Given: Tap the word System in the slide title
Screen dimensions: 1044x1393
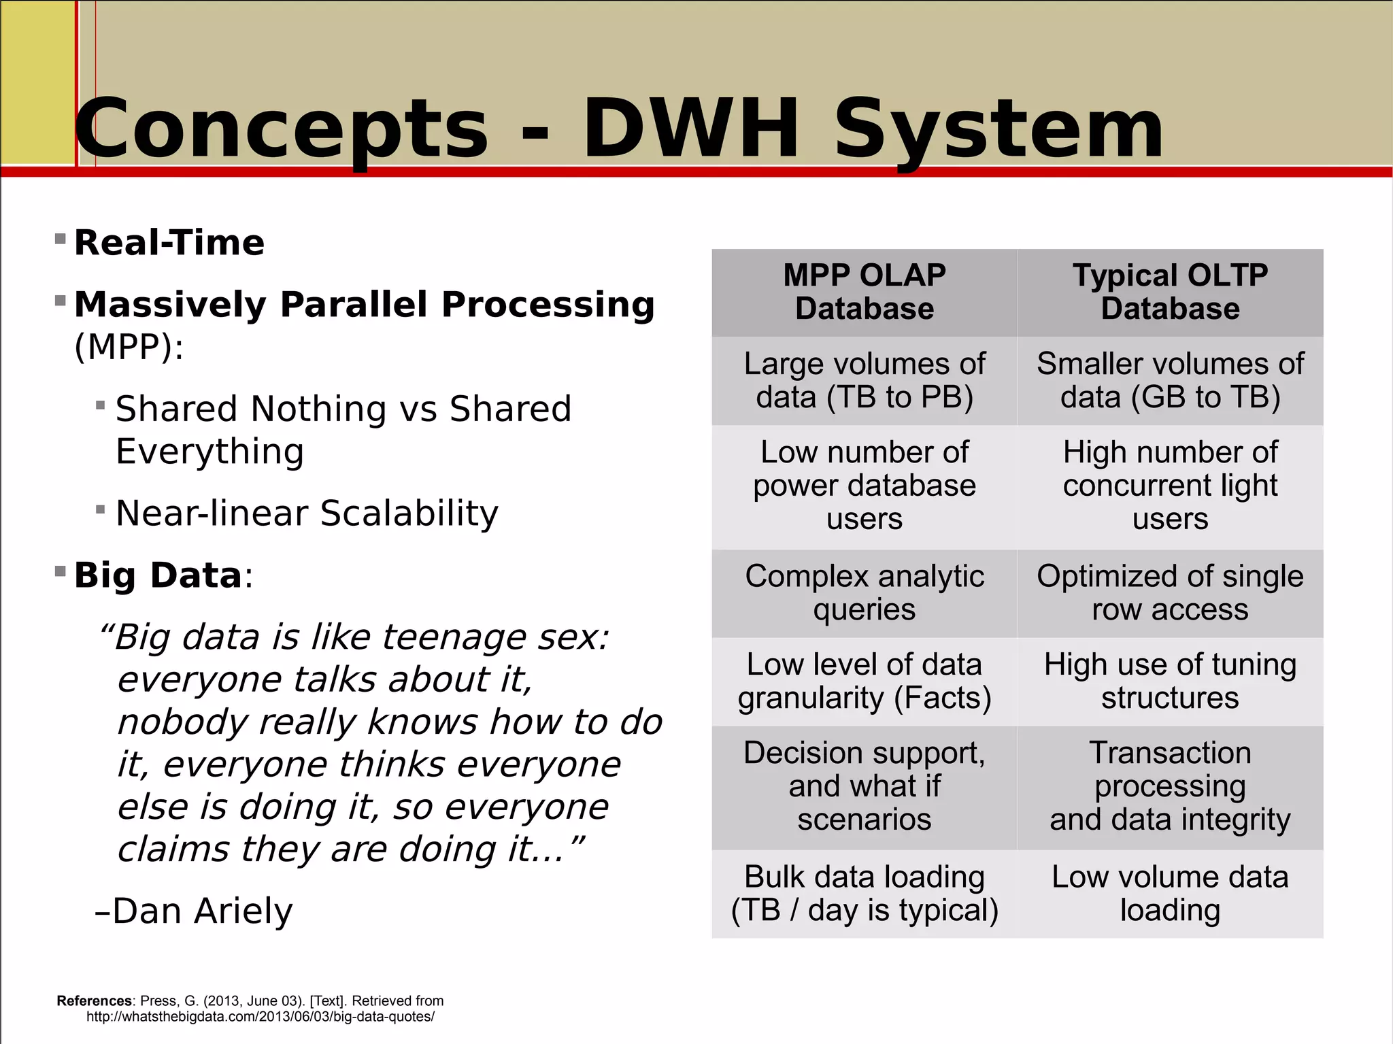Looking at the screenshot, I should (998, 129).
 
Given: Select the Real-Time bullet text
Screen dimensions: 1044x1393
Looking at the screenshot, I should (169, 243).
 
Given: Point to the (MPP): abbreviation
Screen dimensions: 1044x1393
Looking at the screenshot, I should (129, 347).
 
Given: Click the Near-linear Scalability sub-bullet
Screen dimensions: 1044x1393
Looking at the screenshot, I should (307, 513).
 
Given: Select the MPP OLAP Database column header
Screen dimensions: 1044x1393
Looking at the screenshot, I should (864, 292).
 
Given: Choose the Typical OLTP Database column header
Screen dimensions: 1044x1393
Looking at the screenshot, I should (1170, 292).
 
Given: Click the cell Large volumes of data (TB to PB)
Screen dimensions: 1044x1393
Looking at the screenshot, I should (864, 380).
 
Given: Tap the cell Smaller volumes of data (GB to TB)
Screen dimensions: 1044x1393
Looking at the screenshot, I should (1170, 380).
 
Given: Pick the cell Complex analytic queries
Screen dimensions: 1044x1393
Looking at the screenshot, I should (864, 592).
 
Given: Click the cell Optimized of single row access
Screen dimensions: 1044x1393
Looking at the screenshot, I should (1170, 592).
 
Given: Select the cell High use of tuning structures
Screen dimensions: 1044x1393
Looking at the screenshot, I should (1170, 681).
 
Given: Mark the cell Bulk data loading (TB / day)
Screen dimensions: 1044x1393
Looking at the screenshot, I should (864, 893).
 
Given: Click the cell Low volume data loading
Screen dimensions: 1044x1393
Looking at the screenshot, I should (1170, 893).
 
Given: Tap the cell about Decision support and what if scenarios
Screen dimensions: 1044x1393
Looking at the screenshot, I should (864, 786).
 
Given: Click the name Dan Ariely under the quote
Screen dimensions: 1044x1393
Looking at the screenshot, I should (202, 911).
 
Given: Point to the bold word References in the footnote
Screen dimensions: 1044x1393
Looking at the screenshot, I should (95, 1000).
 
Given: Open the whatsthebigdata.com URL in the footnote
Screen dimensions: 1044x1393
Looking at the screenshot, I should (260, 1017).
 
